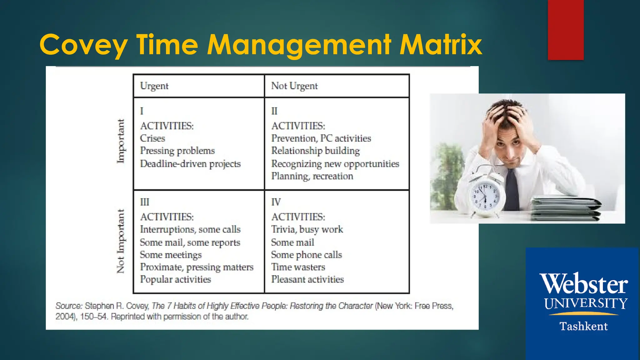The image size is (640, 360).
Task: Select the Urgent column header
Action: (154, 86)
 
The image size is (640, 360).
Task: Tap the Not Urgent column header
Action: (294, 86)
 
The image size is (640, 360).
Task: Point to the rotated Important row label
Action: (121, 141)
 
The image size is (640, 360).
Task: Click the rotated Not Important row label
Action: (121, 241)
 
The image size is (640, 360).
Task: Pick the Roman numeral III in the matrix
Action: (144, 202)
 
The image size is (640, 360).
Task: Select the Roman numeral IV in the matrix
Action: (276, 202)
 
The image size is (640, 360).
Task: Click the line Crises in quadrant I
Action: (152, 138)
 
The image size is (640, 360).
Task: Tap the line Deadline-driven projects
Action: (190, 164)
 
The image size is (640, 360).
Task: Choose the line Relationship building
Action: (315, 151)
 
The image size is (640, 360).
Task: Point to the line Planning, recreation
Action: (312, 176)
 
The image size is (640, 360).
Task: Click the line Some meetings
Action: (171, 255)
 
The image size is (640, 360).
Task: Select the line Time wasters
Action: (298, 267)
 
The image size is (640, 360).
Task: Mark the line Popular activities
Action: (175, 279)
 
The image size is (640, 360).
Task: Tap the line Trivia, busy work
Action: (307, 230)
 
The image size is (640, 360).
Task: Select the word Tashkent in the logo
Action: (583, 326)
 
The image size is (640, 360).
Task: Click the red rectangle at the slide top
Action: (566, 30)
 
